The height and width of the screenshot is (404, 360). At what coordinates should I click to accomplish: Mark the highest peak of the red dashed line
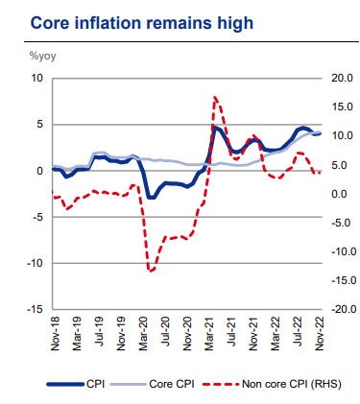point(215,96)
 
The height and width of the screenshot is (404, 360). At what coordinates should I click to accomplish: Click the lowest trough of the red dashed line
point(152,271)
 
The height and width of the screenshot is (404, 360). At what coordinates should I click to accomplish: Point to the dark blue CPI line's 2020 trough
point(152,198)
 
